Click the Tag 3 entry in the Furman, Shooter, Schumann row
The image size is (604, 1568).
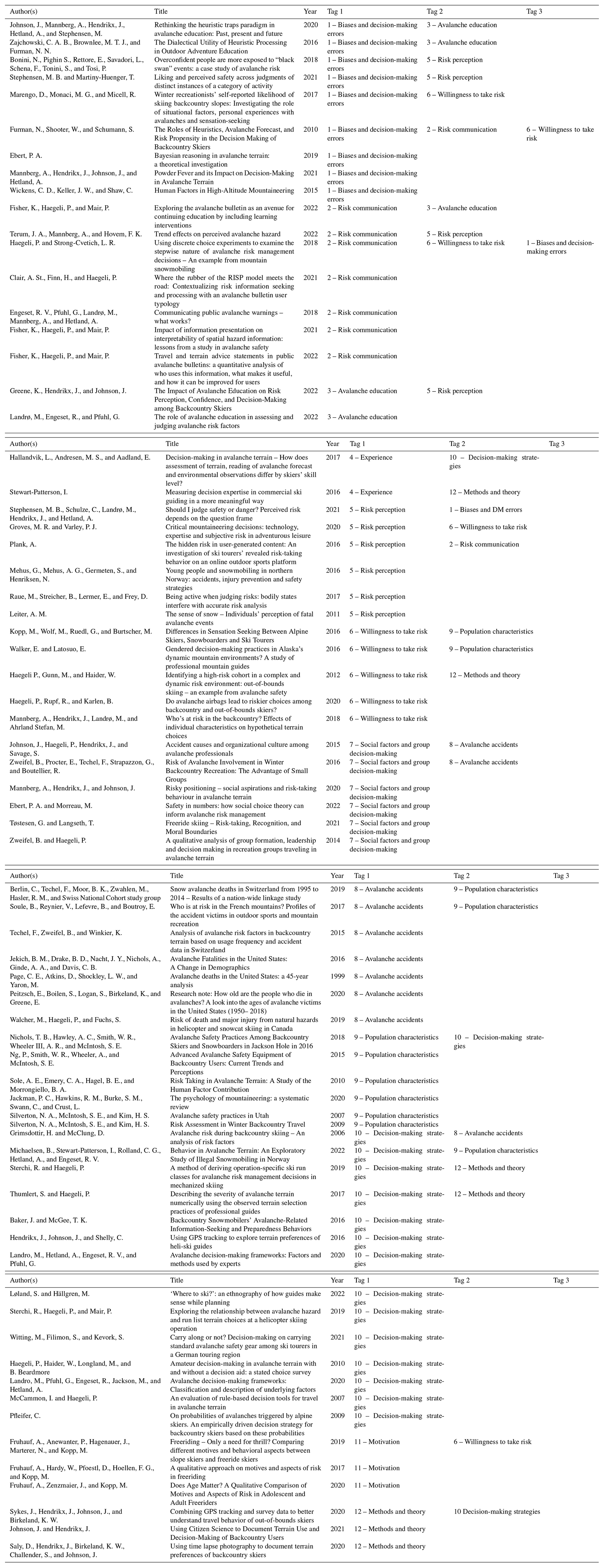click(x=560, y=134)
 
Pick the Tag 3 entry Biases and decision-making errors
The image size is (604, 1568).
click(x=560, y=247)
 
